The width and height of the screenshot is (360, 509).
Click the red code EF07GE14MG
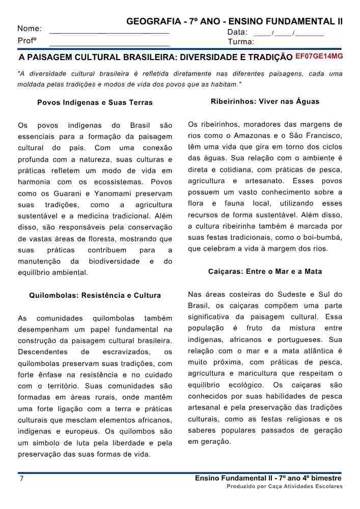click(x=319, y=55)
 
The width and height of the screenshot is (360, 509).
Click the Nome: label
click(x=30, y=29)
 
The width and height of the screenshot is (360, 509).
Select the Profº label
click(x=28, y=41)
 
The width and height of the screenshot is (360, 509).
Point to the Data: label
click(x=237, y=33)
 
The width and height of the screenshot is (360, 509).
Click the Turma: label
click(x=241, y=42)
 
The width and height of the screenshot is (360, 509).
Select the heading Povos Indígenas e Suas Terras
click(x=95, y=102)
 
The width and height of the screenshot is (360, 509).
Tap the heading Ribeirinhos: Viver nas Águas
click(x=265, y=101)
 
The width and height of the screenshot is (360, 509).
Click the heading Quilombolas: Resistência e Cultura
click(x=95, y=295)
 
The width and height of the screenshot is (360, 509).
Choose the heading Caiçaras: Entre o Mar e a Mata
click(x=265, y=272)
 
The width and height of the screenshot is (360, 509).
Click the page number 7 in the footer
click(x=21, y=479)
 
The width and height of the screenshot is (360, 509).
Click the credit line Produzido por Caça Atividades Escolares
click(x=285, y=487)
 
